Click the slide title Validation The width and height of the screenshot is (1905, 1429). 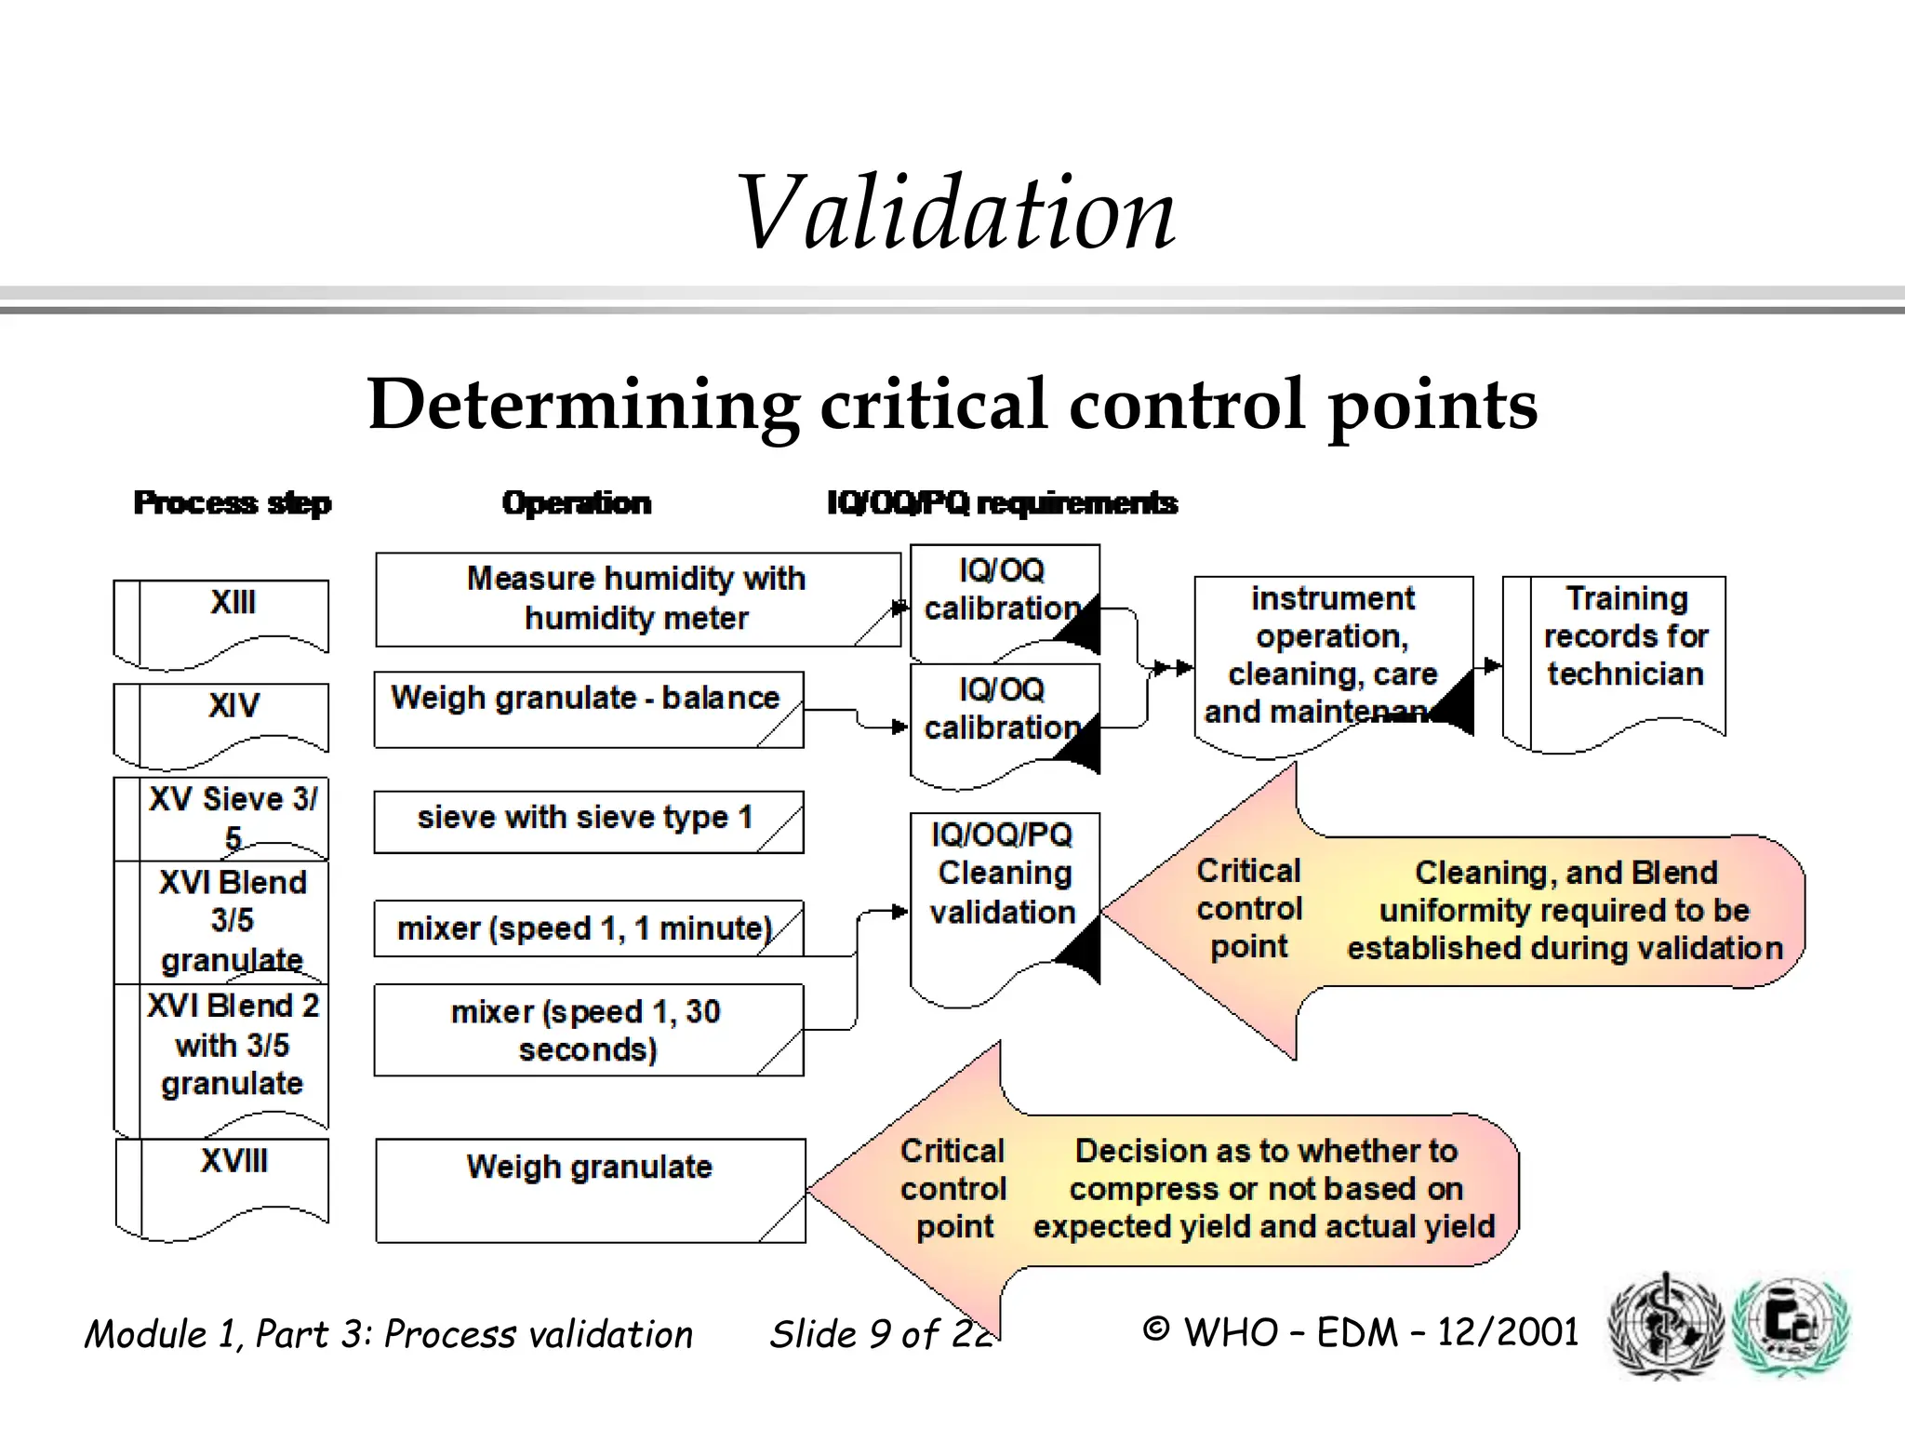coord(955,214)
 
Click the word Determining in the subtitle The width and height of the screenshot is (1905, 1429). coord(583,405)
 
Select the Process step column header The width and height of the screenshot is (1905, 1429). coord(233,503)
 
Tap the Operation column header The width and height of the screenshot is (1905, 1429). coord(577,503)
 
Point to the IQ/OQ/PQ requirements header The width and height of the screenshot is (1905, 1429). coord(1002,503)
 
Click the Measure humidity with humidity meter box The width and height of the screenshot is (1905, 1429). coord(636,598)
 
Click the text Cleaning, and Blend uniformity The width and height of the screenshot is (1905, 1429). coord(1565,910)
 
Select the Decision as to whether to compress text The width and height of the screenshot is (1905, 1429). coord(1265,1188)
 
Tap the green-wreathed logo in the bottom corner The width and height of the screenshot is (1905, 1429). coord(1791,1325)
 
